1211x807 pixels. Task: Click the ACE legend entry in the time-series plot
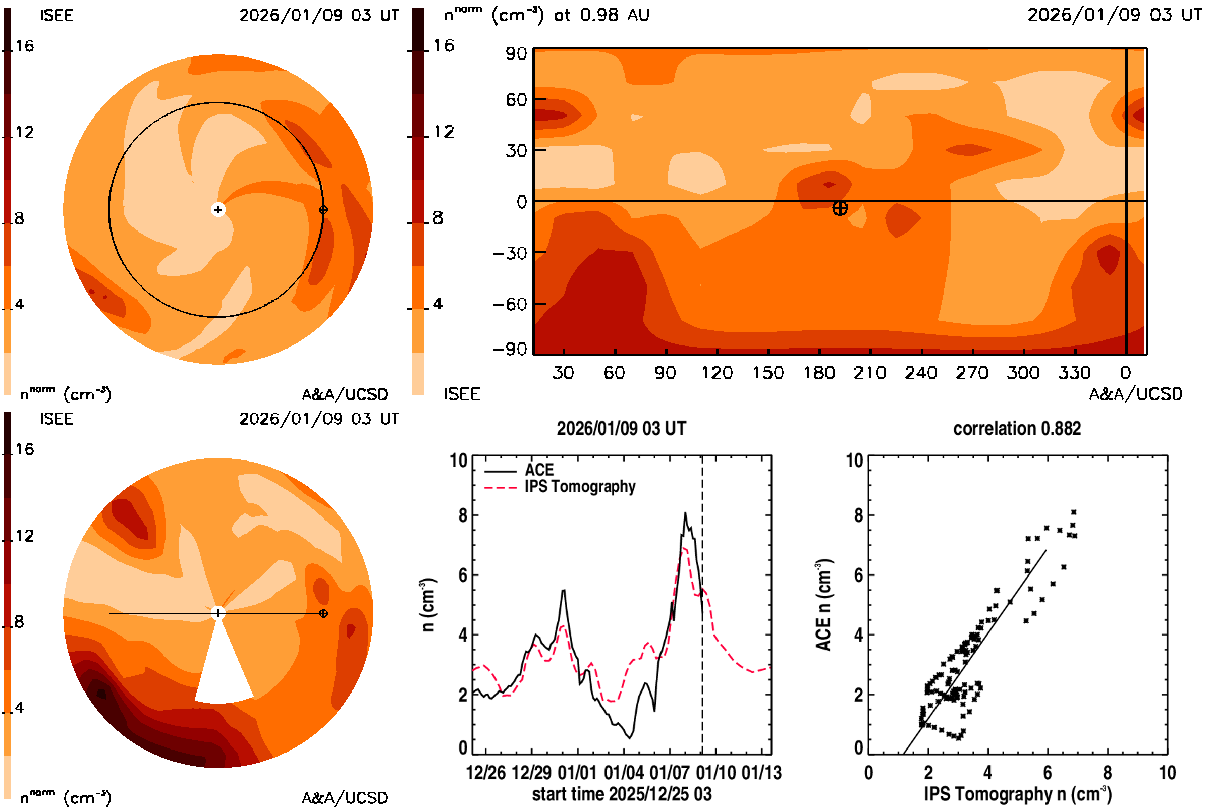(539, 470)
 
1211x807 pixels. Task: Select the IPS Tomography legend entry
(580, 487)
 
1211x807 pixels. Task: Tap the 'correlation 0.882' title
(1017, 429)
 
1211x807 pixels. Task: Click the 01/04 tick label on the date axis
(623, 773)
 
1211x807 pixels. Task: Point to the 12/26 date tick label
(485, 773)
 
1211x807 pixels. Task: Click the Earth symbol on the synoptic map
(840, 208)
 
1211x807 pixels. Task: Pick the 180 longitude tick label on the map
(819, 373)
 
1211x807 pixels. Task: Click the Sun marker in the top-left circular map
(218, 209)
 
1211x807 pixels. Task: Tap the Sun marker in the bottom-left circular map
(218, 613)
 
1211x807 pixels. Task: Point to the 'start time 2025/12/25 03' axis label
(622, 794)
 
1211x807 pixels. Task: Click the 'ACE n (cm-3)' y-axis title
(823, 605)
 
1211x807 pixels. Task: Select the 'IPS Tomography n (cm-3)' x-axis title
(1017, 794)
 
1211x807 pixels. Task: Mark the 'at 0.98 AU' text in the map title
(601, 15)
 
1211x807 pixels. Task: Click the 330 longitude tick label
(1075, 373)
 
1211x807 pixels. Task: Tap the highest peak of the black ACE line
(685, 513)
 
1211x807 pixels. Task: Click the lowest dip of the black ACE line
(630, 738)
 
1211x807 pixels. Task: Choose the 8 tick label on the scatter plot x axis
(1108, 773)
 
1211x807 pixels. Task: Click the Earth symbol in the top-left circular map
(323, 209)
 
